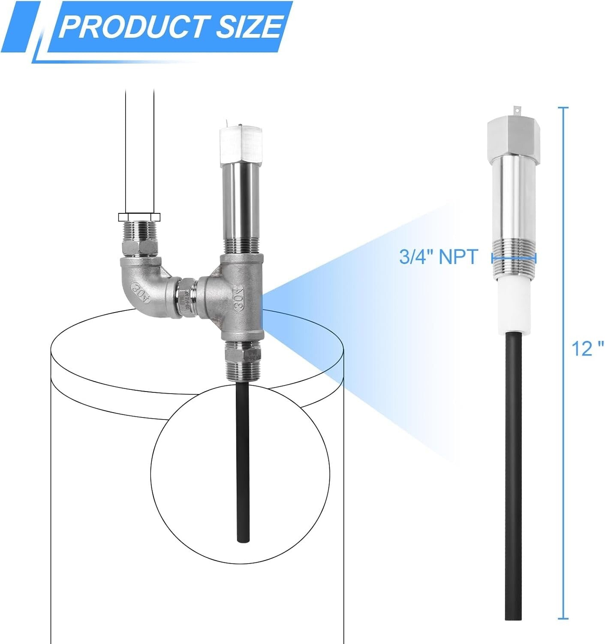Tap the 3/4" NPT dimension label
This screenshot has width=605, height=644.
click(x=438, y=257)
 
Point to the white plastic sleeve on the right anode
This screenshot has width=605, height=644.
click(x=513, y=306)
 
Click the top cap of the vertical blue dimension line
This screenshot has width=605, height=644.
click(x=563, y=107)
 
